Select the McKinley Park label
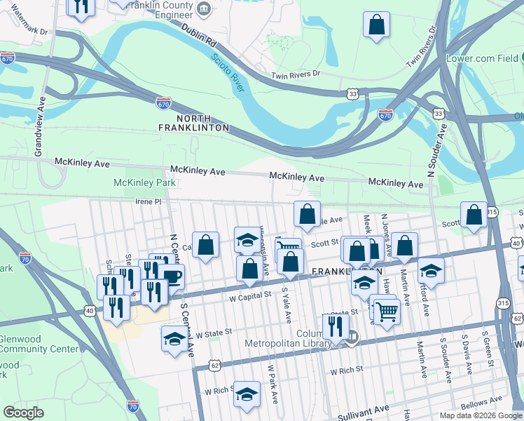click(x=144, y=183)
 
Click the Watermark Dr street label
click(x=24, y=32)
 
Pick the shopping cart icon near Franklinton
click(x=386, y=311)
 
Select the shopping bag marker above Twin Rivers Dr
click(x=377, y=24)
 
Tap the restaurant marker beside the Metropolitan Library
click(x=336, y=326)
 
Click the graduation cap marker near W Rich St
click(x=247, y=394)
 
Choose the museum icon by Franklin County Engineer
click(x=203, y=8)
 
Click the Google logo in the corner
click(x=23, y=412)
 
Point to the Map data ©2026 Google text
click(x=481, y=415)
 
